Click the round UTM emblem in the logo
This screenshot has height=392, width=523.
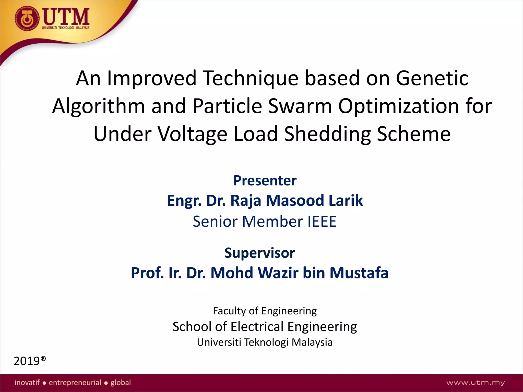point(27,19)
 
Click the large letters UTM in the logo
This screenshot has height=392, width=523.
point(66,17)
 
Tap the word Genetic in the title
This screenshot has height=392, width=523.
point(432,78)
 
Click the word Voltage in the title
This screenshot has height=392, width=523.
point(193,134)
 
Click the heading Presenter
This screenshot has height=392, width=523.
point(265,181)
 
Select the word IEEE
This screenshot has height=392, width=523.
point(322,221)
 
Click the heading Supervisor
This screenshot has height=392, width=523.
point(259,253)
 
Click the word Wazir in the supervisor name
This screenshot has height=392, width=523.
point(278,273)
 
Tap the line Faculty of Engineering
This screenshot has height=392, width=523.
point(265,311)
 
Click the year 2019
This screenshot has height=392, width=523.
point(27,361)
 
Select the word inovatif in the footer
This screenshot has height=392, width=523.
point(27,382)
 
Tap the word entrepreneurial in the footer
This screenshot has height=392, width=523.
point(75,383)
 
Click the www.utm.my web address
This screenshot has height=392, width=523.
point(475,383)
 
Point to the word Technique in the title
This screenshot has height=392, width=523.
point(251,78)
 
